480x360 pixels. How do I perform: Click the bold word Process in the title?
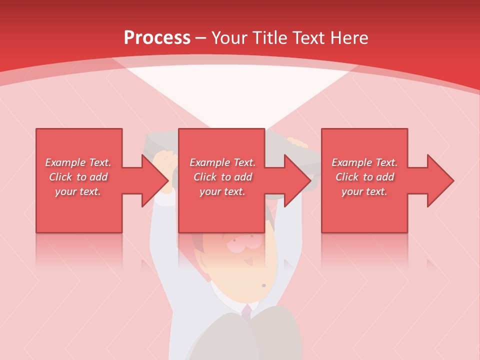pos(157,38)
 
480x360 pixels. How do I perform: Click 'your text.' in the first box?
pos(78,191)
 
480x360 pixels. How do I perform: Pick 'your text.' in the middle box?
pos(222,191)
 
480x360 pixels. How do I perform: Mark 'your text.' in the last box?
pos(364,191)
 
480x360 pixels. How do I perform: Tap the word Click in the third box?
pos(347,177)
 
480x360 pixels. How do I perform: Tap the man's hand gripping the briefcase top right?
pos(298,143)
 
